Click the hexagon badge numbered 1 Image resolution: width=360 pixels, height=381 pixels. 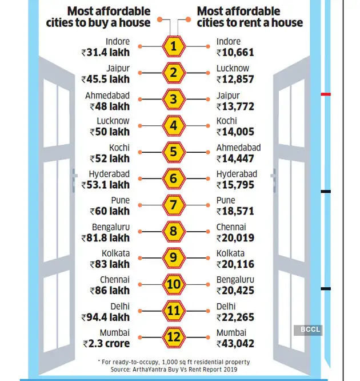(x=174, y=47)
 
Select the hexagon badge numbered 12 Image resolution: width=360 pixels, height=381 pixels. (x=174, y=339)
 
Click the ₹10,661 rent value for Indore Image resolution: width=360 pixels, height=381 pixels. (x=236, y=53)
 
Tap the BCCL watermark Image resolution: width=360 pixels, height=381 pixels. (x=308, y=330)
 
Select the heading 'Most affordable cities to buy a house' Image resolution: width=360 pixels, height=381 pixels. (x=109, y=17)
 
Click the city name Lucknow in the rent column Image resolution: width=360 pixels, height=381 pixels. (x=233, y=68)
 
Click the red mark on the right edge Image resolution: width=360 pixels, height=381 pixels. (x=326, y=94)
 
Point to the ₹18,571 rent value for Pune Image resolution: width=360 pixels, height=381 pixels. (x=237, y=212)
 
